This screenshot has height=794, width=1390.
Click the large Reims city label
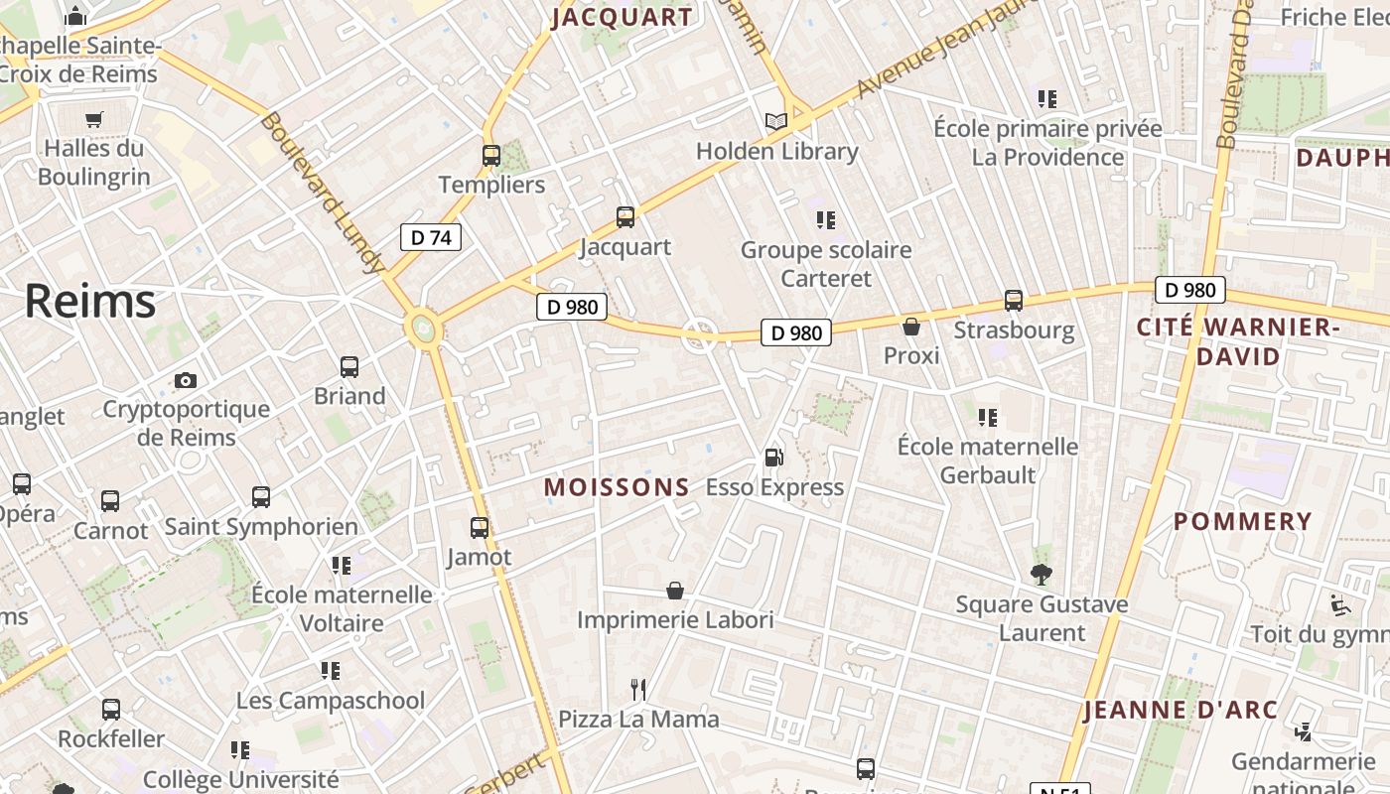(x=90, y=301)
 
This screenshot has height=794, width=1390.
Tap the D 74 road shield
(x=431, y=237)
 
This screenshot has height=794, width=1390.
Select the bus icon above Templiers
(x=491, y=156)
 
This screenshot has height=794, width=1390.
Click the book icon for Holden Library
(x=775, y=122)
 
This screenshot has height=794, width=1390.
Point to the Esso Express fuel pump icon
(x=773, y=458)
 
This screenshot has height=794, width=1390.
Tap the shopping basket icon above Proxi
(x=911, y=327)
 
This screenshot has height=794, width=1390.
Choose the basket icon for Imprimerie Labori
(x=675, y=592)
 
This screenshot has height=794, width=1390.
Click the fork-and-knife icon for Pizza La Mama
(x=638, y=689)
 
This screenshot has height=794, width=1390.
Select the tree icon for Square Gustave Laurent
(x=1042, y=574)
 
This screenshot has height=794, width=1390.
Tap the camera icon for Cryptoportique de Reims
(x=186, y=380)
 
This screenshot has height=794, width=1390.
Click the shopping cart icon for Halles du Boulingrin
(x=94, y=120)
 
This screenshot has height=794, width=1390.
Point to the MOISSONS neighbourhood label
(x=617, y=487)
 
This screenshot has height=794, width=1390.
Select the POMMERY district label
(x=1242, y=522)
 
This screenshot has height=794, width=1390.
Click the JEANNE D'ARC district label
(x=1181, y=711)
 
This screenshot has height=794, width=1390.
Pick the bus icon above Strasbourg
(x=1014, y=300)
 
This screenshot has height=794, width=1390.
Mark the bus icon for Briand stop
(x=349, y=367)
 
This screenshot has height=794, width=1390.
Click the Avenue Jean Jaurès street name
(x=924, y=55)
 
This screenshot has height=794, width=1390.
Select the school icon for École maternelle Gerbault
(x=987, y=418)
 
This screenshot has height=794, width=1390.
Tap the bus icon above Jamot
(x=480, y=528)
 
